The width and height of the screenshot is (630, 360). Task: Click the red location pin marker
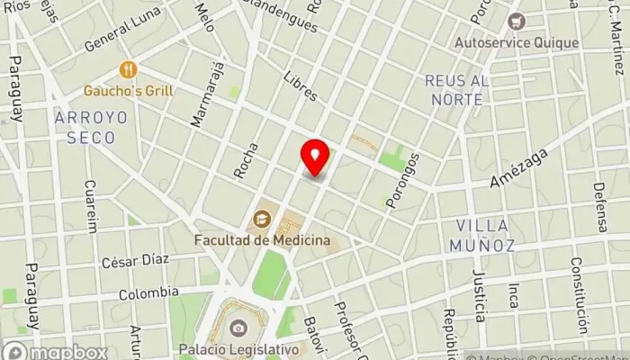[315, 157]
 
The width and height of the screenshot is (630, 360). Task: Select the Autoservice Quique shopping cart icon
[515, 21]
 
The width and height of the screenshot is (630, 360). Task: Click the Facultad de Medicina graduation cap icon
[262, 218]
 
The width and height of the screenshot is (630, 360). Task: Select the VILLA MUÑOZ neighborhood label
[481, 234]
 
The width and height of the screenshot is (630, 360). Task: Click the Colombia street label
[148, 293]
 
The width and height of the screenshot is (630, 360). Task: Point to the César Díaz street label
[135, 260]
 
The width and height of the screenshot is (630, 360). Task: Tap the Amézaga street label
[518, 169]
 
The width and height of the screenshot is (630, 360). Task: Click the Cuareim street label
[89, 206]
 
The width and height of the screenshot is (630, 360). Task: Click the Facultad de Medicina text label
[262, 240]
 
